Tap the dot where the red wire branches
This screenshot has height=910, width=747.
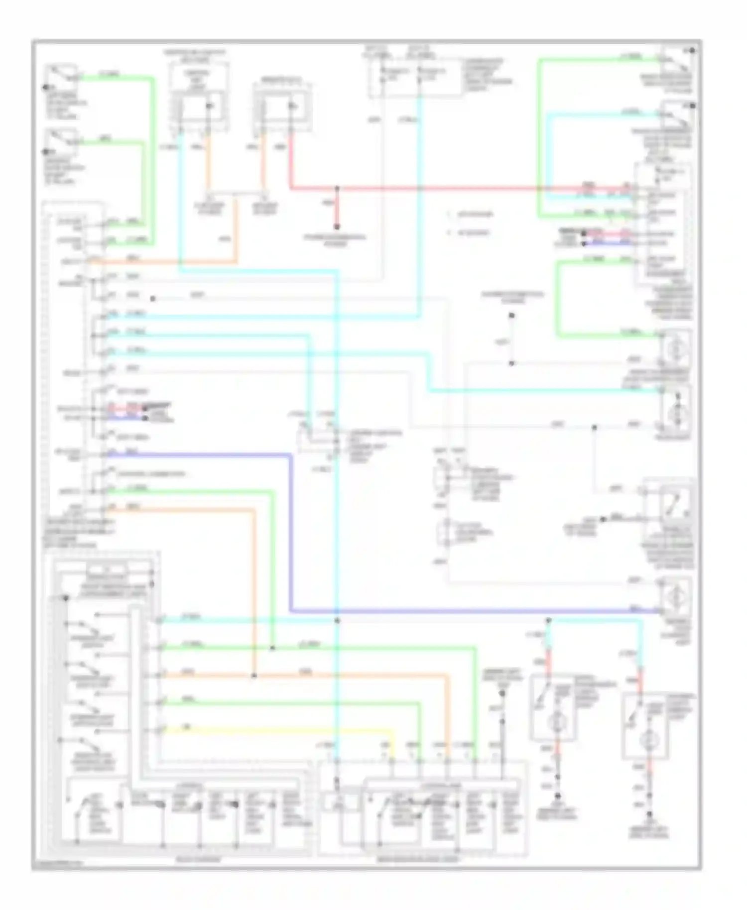point(337,189)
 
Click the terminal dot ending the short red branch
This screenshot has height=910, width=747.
point(337,227)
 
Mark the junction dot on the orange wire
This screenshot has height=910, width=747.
point(254,676)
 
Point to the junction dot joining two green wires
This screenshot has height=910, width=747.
point(272,648)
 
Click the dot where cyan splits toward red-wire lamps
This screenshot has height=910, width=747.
point(548,620)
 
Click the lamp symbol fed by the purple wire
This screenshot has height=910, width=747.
point(676,596)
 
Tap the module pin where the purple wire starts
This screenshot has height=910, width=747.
point(103,455)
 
